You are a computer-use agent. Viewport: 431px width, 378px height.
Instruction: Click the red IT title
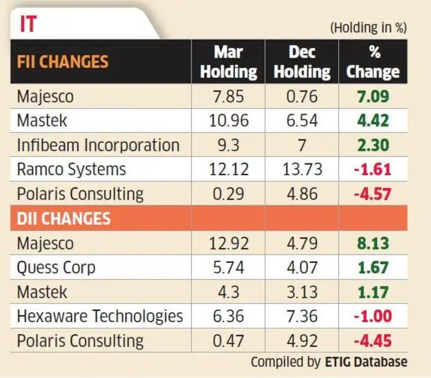(28, 24)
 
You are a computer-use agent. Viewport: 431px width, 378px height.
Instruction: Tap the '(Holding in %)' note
(368, 28)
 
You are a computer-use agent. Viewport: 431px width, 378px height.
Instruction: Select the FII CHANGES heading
(63, 61)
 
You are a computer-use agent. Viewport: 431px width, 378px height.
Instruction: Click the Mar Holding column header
(228, 62)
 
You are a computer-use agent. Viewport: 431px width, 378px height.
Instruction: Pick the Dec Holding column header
(302, 62)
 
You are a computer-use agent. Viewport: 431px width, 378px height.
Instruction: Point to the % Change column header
(373, 62)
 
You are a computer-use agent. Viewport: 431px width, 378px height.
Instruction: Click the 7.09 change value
(373, 96)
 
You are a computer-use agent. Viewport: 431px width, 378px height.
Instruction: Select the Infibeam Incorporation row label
(99, 145)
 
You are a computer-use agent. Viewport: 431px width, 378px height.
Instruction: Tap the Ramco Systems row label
(71, 169)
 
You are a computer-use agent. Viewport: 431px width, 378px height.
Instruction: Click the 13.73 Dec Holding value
(302, 169)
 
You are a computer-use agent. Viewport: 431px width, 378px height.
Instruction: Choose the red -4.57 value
(373, 194)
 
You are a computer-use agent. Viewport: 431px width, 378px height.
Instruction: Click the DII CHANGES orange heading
(63, 218)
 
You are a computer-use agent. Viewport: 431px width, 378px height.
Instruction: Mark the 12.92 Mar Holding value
(228, 243)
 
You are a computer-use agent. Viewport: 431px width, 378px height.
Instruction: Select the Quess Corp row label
(56, 267)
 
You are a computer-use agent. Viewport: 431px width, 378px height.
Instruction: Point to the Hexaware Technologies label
(100, 316)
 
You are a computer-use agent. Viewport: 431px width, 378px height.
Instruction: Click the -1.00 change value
(373, 316)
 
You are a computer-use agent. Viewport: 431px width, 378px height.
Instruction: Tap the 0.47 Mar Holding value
(228, 341)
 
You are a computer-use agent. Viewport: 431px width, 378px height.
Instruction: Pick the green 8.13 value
(373, 243)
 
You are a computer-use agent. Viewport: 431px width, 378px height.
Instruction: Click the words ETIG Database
(366, 362)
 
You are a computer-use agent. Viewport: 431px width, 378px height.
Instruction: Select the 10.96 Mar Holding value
(228, 120)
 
